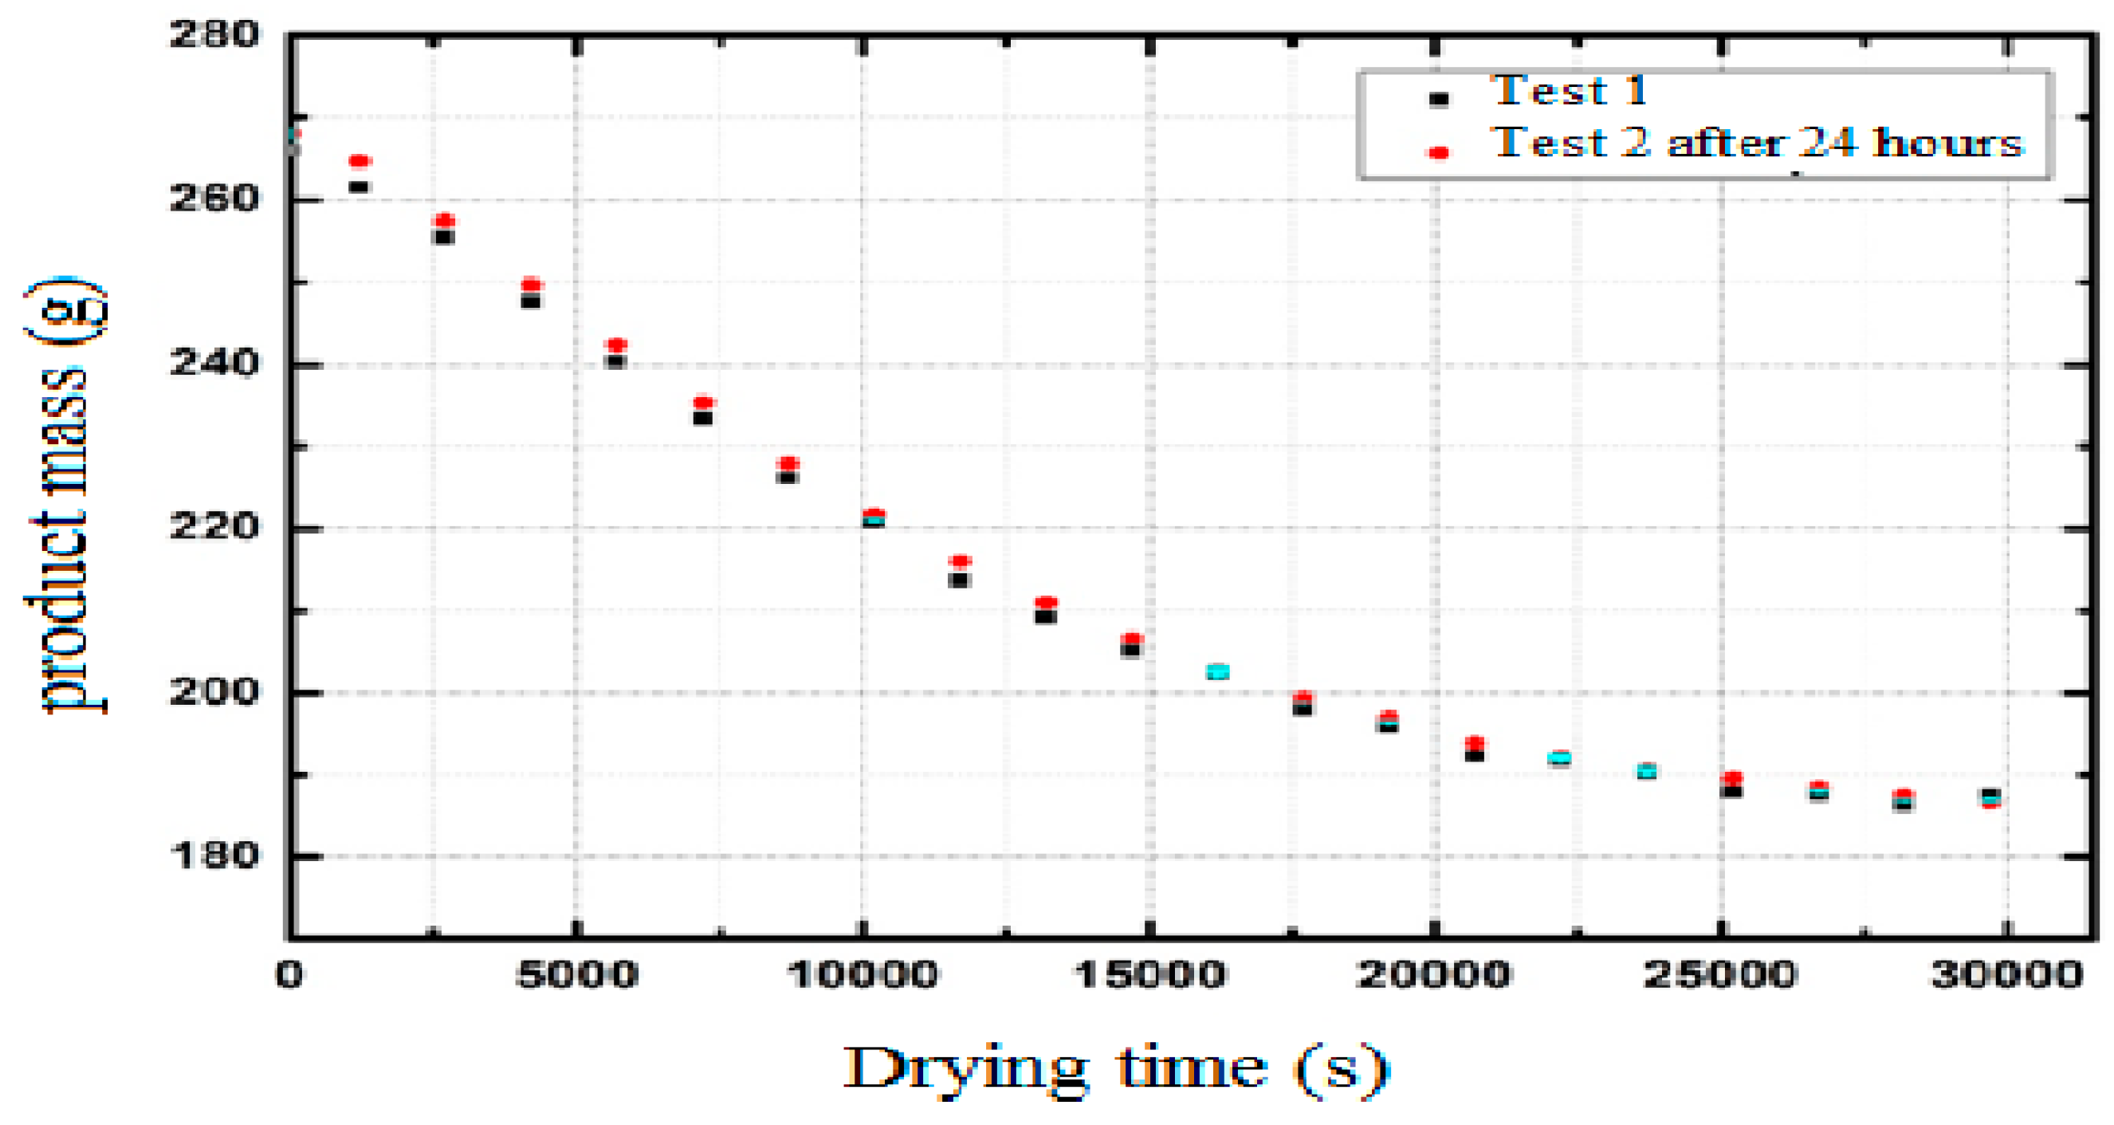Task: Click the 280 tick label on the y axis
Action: pyautogui.click(x=214, y=35)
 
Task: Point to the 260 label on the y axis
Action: pyautogui.click(x=214, y=199)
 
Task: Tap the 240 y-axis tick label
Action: pyautogui.click(x=214, y=363)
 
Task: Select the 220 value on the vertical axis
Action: pyautogui.click(x=214, y=527)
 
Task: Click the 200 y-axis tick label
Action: pyautogui.click(x=214, y=692)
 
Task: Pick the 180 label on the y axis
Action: pyautogui.click(x=214, y=856)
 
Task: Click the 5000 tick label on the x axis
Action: pyautogui.click(x=577, y=975)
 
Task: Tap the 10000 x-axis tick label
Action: pyautogui.click(x=862, y=975)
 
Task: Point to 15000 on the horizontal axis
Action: pyautogui.click(x=1149, y=975)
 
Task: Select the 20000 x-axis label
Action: pyautogui.click(x=1435, y=975)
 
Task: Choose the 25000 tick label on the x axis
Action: pyautogui.click(x=1721, y=975)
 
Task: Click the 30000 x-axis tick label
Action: pyautogui.click(x=2007, y=975)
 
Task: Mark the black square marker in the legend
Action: pyautogui.click(x=1439, y=100)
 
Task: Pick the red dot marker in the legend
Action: pyautogui.click(x=1439, y=151)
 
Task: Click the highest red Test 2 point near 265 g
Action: pyautogui.click(x=360, y=161)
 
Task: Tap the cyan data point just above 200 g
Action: pyautogui.click(x=1217, y=672)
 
